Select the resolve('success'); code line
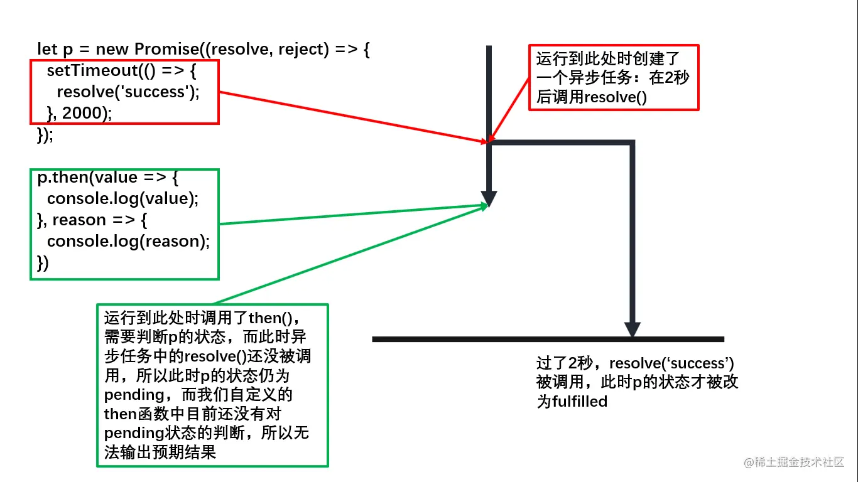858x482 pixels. (x=128, y=92)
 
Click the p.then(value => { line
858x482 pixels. (x=108, y=178)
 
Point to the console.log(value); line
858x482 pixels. (x=122, y=199)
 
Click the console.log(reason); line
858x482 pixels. (x=128, y=242)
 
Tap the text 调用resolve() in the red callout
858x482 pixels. (x=599, y=97)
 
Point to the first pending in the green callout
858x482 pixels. (x=133, y=395)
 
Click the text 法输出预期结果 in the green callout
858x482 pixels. (x=160, y=452)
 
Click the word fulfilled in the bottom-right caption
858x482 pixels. (x=580, y=402)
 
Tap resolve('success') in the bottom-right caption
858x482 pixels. (x=671, y=363)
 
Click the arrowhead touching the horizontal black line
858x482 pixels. (x=632, y=329)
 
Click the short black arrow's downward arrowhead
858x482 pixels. (x=489, y=198)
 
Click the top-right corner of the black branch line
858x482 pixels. (x=631, y=144)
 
